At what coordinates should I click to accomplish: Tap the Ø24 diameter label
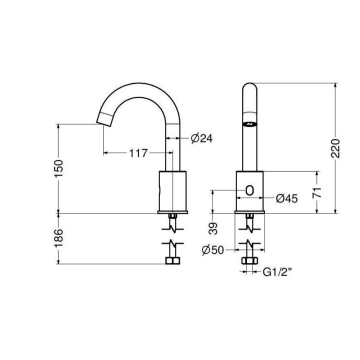pyautogui.click(x=199, y=138)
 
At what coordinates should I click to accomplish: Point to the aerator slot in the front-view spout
pyautogui.click(x=250, y=123)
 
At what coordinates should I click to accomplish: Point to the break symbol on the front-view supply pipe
pyautogui.click(x=250, y=243)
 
